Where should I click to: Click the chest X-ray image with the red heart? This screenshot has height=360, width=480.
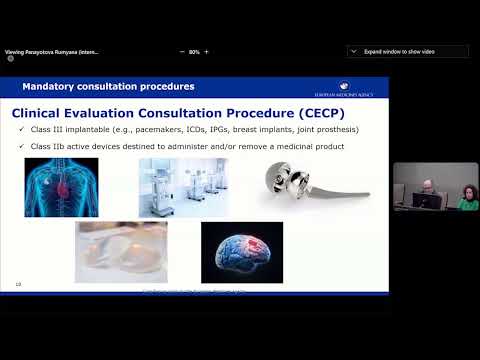click(x=61, y=187)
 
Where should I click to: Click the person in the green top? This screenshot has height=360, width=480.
click(x=466, y=198)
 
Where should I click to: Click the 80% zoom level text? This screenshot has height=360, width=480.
click(x=195, y=51)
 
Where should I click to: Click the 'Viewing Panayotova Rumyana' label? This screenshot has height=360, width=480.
click(x=52, y=51)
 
